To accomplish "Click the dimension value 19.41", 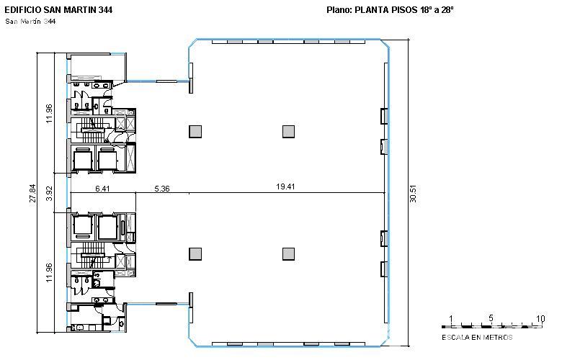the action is click(285, 186).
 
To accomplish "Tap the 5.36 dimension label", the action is click(162, 189).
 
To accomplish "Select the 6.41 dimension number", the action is click(102, 189).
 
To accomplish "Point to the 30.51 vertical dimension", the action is click(414, 194).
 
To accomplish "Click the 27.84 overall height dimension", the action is click(32, 194).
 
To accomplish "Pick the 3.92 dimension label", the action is click(50, 194).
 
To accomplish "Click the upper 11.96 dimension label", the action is click(50, 114).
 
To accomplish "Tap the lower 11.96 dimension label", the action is click(50, 273).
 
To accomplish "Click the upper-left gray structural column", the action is click(195, 132).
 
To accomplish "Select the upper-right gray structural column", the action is click(288, 132).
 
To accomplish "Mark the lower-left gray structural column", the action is click(195, 254).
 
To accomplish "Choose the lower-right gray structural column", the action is click(288, 254).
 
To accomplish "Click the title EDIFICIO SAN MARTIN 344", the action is click(58, 10).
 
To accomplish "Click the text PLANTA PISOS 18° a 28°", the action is click(404, 10).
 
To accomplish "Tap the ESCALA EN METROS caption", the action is click(477, 338).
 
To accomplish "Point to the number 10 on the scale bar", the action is click(540, 318).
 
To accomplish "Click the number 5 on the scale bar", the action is click(491, 318).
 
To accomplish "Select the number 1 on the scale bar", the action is click(451, 318).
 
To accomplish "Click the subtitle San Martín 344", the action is click(30, 22).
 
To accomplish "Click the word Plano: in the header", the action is click(339, 10).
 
